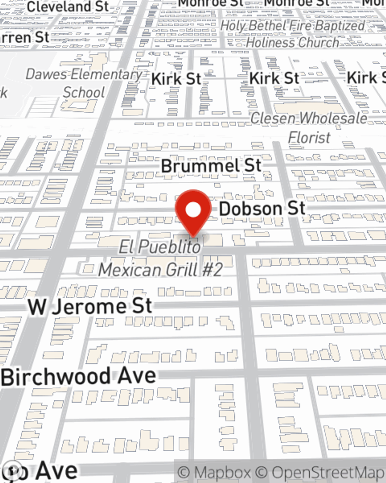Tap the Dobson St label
click(262, 209)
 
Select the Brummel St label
click(211, 166)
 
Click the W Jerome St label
click(90, 307)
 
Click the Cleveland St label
click(68, 7)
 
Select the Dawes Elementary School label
click(84, 83)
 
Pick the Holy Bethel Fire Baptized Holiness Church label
click(293, 34)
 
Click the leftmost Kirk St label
click(176, 79)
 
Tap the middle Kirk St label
click(274, 78)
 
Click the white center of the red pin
click(193, 210)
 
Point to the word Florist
click(309, 138)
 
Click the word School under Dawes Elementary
click(84, 93)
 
